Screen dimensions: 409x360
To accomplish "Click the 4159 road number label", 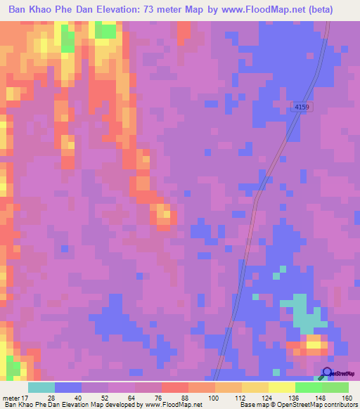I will [301, 106].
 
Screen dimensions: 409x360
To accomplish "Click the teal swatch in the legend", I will [41, 387].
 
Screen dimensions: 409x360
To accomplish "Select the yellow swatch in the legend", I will [282, 387].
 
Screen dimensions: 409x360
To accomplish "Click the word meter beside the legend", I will [12, 398].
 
